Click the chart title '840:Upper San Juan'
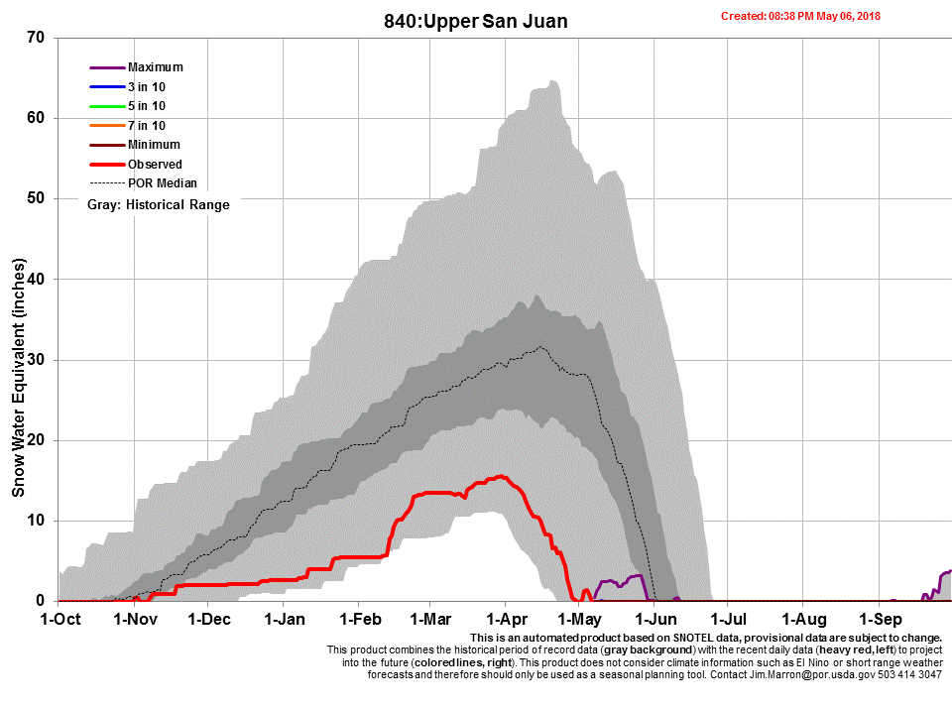click(475, 20)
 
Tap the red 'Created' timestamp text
click(800, 16)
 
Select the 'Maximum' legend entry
click(156, 67)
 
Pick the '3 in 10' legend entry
click(147, 87)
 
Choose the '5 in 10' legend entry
click(147, 106)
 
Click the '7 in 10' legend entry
click(147, 126)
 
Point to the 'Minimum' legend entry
click(154, 145)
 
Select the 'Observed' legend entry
click(155, 165)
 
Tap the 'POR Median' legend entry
click(163, 183)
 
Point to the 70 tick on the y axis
click(41, 38)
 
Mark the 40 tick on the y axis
click(41, 279)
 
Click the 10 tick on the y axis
click(41, 521)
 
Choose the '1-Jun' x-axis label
click(653, 620)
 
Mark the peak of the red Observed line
click(502, 476)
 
